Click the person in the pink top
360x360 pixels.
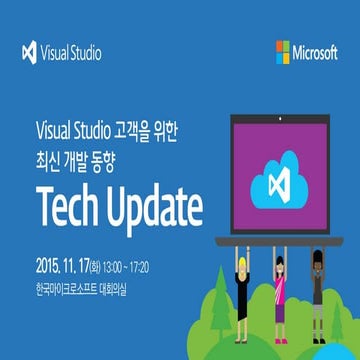coord(282,277)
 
